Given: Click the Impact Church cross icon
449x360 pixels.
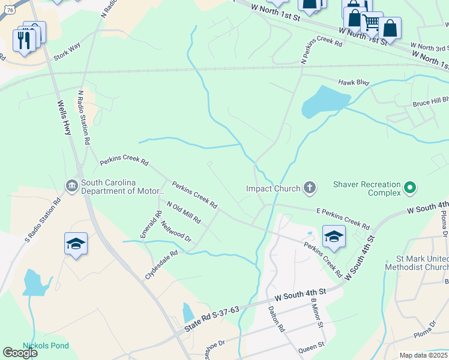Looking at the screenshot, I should pos(310,188).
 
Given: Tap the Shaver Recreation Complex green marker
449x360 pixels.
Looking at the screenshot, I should pos(410,188).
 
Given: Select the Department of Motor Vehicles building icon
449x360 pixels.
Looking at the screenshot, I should pos(71,187).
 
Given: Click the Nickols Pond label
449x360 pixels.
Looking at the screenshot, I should pos(46,346).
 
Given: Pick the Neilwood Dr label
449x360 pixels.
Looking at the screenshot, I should pos(176,231).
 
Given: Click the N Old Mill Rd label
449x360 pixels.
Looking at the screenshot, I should pos(183,212).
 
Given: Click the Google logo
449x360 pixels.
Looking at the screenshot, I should pos(20,353).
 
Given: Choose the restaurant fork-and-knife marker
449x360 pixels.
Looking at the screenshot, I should pos(24,40).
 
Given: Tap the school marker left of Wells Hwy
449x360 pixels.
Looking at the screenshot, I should pos(76,244).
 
